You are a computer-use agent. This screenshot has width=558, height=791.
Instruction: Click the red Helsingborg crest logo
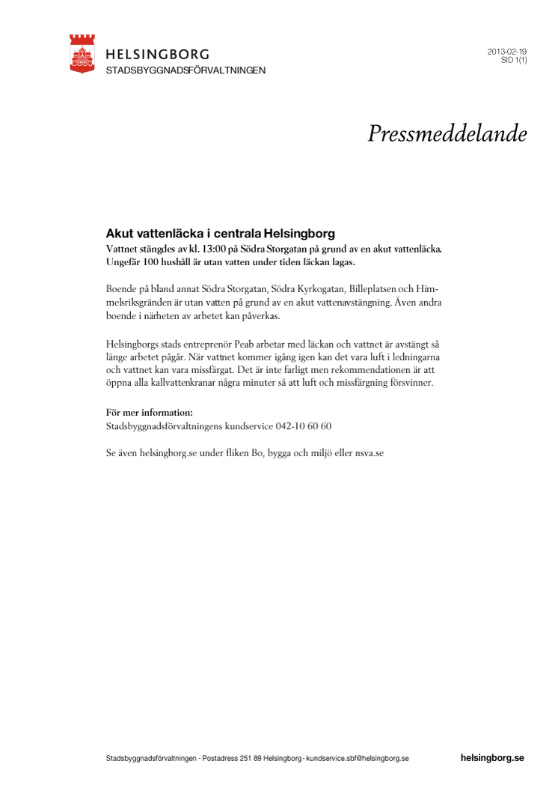tap(82, 53)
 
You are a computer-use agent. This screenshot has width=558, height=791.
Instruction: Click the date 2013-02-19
tap(507, 52)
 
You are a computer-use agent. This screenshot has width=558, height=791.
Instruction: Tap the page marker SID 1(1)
tap(514, 61)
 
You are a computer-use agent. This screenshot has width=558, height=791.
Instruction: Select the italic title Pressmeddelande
tap(447, 133)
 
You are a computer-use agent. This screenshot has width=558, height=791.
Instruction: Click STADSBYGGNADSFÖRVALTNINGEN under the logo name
tap(186, 70)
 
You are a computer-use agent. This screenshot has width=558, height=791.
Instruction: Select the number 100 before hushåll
tap(161, 261)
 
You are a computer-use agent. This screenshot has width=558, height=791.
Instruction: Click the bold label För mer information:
tap(150, 412)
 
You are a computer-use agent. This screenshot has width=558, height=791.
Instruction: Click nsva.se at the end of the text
tap(368, 453)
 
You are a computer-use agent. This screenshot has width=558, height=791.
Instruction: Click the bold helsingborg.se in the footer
tap(492, 758)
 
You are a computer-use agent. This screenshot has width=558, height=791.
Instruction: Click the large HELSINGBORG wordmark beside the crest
tap(158, 54)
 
